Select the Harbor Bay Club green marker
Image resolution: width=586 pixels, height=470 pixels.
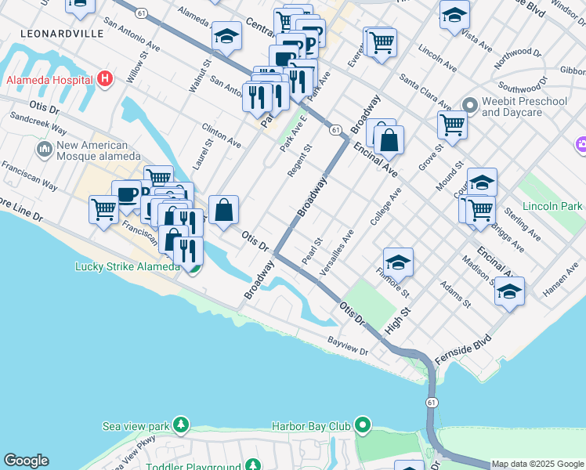[362, 426]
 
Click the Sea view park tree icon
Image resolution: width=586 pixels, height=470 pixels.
[182, 425]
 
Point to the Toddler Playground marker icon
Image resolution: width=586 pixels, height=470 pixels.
[253, 466]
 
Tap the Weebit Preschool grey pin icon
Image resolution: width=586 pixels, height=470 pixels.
[470, 105]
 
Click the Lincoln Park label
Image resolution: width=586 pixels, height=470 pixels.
[555, 206]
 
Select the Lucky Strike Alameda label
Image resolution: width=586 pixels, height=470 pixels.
[128, 266]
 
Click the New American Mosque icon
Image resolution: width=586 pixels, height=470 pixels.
[44, 149]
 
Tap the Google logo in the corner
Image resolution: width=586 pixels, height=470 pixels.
[26, 461]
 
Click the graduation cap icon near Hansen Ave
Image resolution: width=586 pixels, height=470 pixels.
[510, 291]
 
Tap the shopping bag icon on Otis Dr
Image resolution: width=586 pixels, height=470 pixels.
[223, 210]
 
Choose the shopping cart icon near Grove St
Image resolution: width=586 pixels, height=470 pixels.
[452, 124]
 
